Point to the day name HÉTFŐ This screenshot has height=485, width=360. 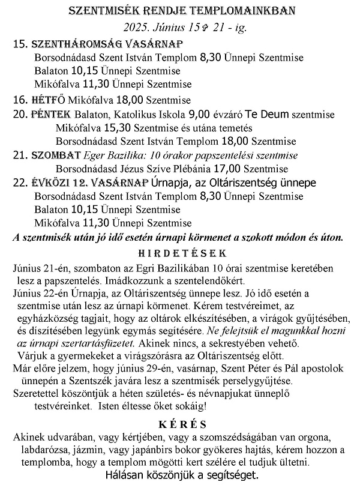(x=49, y=100)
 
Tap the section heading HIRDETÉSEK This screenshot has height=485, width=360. (x=180, y=253)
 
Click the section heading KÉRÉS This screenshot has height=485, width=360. (x=180, y=424)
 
